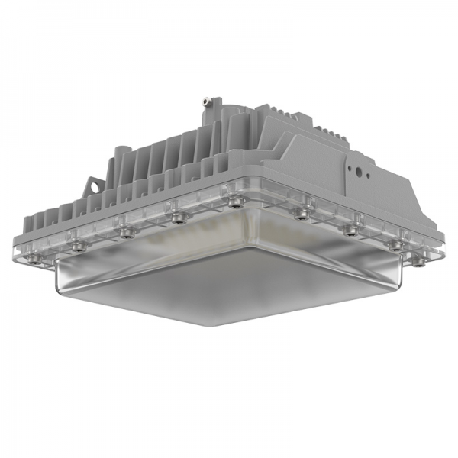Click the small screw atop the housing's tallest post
[x=206, y=100]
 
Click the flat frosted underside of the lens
[x=229, y=290]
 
